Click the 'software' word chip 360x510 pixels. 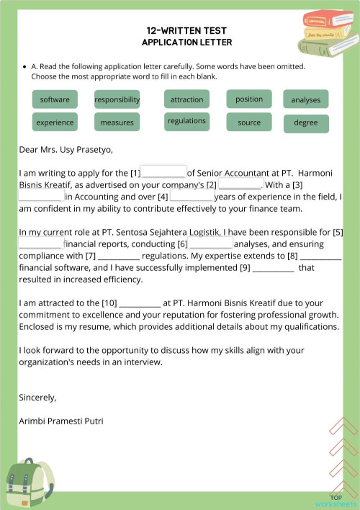(x=55, y=99)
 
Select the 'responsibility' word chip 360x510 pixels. (x=117, y=99)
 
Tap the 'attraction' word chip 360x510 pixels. (x=186, y=99)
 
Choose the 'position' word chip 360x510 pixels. (x=249, y=99)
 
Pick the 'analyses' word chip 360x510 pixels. (x=305, y=100)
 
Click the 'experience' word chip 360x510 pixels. (x=55, y=122)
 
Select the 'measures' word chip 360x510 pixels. (x=117, y=122)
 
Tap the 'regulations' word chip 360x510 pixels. (x=186, y=121)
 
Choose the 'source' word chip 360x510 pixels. (x=249, y=122)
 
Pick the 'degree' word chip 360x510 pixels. (x=305, y=123)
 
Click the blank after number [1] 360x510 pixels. (x=164, y=173)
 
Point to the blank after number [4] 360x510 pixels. (x=192, y=196)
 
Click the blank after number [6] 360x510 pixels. (x=211, y=243)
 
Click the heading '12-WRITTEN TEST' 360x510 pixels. (x=186, y=30)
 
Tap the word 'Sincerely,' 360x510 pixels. (x=37, y=397)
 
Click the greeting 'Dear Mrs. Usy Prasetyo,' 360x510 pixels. (x=66, y=151)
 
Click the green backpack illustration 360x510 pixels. (x=30, y=482)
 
